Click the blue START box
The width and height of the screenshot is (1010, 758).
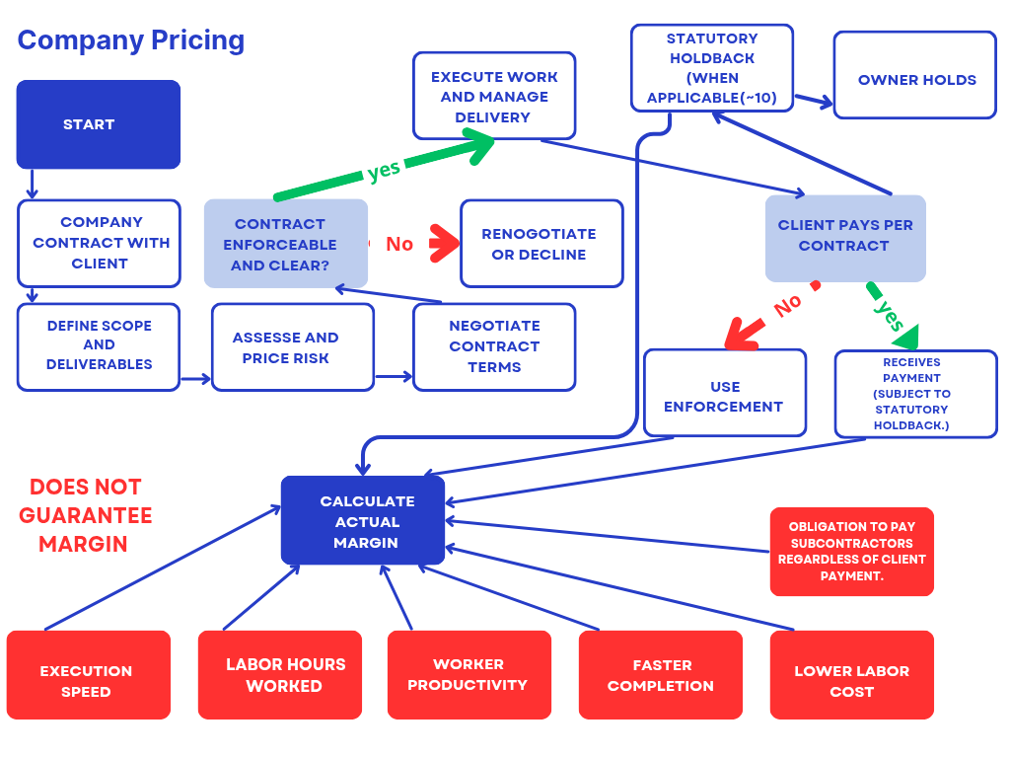coord(99,124)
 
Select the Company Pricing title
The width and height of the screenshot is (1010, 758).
coord(131,40)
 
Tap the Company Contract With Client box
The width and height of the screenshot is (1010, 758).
coord(99,243)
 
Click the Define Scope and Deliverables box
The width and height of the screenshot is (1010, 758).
coord(99,345)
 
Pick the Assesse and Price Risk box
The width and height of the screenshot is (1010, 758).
coord(292,347)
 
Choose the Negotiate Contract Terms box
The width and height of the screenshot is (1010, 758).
coord(494,346)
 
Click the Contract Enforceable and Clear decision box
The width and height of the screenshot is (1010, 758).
coord(286,244)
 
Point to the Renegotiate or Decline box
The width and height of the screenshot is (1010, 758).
coord(541,244)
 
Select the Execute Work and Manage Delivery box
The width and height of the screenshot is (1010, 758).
coord(493,97)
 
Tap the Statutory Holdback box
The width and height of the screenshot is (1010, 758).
coord(711,68)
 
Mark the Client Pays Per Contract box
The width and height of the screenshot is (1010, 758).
coord(845,237)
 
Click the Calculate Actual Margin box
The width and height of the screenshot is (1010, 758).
coord(363,521)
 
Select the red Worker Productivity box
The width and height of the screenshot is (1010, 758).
coord(469,675)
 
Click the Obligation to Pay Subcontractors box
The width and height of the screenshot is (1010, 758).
coord(851,553)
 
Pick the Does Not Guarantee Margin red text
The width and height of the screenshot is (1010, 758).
coord(86,515)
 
